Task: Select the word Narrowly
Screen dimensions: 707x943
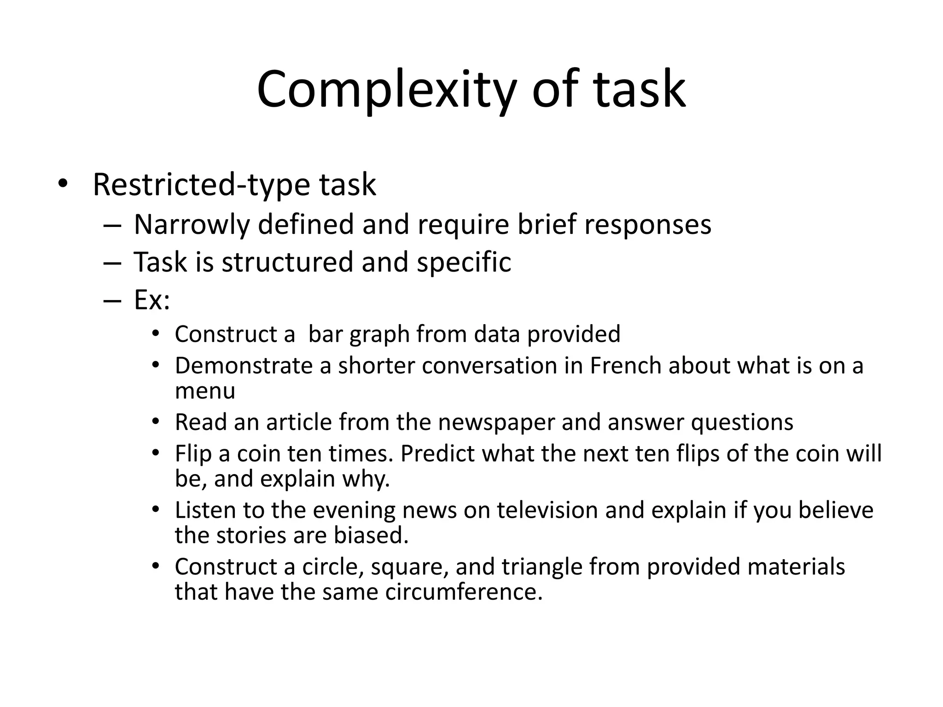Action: [x=192, y=225]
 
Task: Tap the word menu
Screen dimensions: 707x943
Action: [x=205, y=391]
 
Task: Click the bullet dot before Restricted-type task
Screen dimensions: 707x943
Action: [x=63, y=185]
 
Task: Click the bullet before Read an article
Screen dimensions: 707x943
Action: [x=156, y=421]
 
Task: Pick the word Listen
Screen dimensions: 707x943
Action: [x=205, y=510]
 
